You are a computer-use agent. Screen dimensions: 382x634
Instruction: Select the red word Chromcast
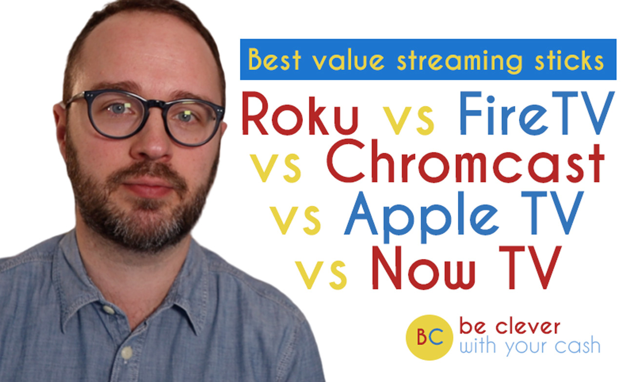pyautogui.click(x=466, y=164)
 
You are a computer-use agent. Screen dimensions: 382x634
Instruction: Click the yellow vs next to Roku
pyautogui.click(x=408, y=120)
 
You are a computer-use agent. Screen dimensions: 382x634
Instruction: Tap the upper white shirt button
pyautogui.click(x=109, y=309)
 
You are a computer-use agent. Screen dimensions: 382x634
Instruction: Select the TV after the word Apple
pyautogui.click(x=550, y=216)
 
